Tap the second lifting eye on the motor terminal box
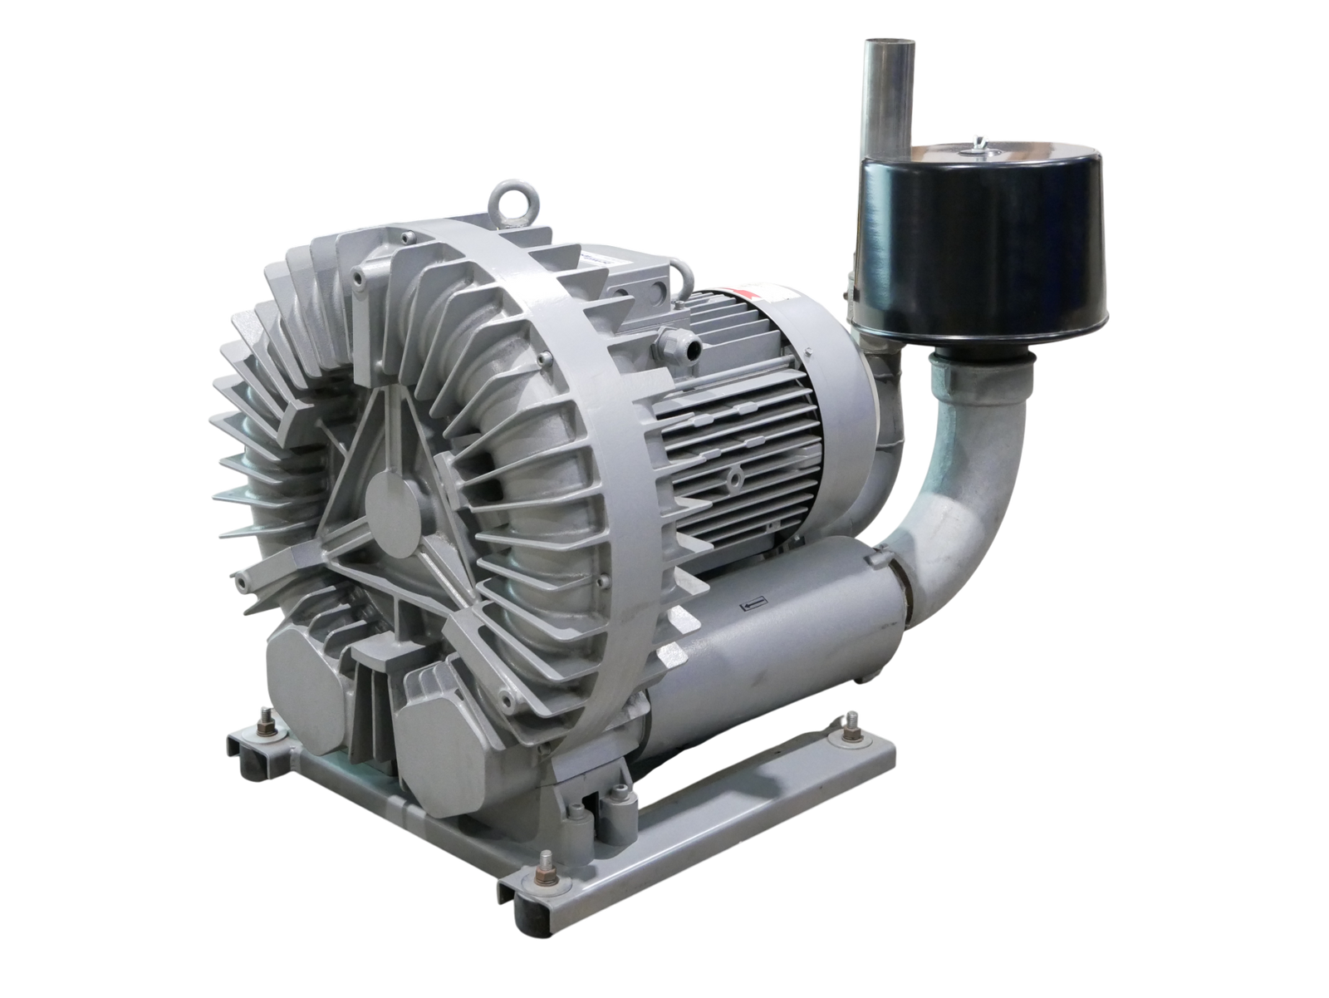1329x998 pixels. [684, 270]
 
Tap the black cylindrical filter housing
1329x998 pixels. [948, 249]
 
